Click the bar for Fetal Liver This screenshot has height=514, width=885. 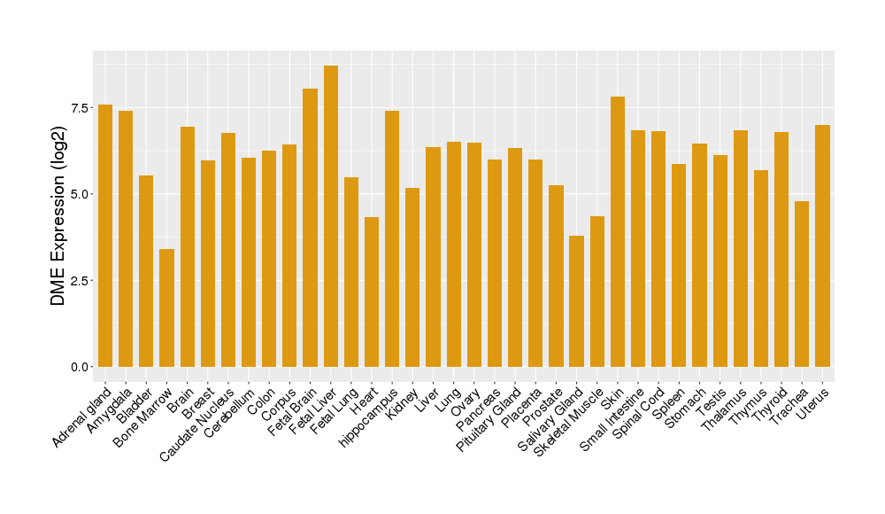pyautogui.click(x=331, y=216)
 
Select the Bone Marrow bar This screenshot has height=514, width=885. pyautogui.click(x=166, y=308)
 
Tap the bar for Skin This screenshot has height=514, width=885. pyautogui.click(x=618, y=231)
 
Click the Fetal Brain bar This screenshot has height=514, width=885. pyautogui.click(x=310, y=228)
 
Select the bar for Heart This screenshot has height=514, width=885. pyautogui.click(x=372, y=292)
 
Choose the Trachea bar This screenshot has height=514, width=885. pyautogui.click(x=802, y=284)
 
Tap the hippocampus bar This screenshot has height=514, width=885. pyautogui.click(x=392, y=238)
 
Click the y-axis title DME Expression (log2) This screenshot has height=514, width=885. pyautogui.click(x=58, y=216)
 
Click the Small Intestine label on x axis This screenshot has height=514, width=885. pyautogui.click(x=611, y=418)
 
